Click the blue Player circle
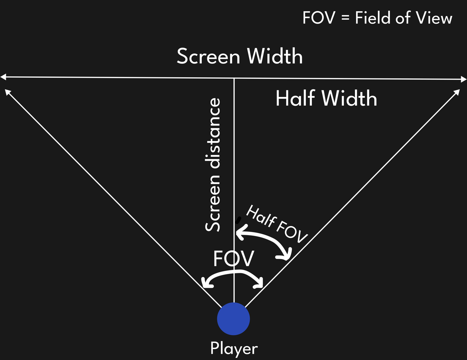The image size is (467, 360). (x=233, y=319)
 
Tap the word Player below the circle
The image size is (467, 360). (x=234, y=348)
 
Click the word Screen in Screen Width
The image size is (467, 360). (x=208, y=57)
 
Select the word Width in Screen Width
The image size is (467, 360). (x=275, y=57)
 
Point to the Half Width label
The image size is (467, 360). (x=326, y=98)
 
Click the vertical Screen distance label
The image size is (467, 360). (x=213, y=165)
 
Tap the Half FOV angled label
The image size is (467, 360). (x=277, y=224)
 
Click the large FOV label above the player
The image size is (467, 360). (x=233, y=259)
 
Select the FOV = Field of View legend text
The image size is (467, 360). (x=377, y=18)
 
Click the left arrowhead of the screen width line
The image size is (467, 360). (x=3, y=77)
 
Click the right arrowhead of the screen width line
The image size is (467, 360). (x=464, y=79)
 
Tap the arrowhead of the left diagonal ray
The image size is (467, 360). (x=7, y=91)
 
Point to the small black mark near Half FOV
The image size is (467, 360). (x=239, y=220)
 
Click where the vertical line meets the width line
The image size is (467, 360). (x=234, y=78)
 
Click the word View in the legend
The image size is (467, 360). (x=436, y=18)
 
